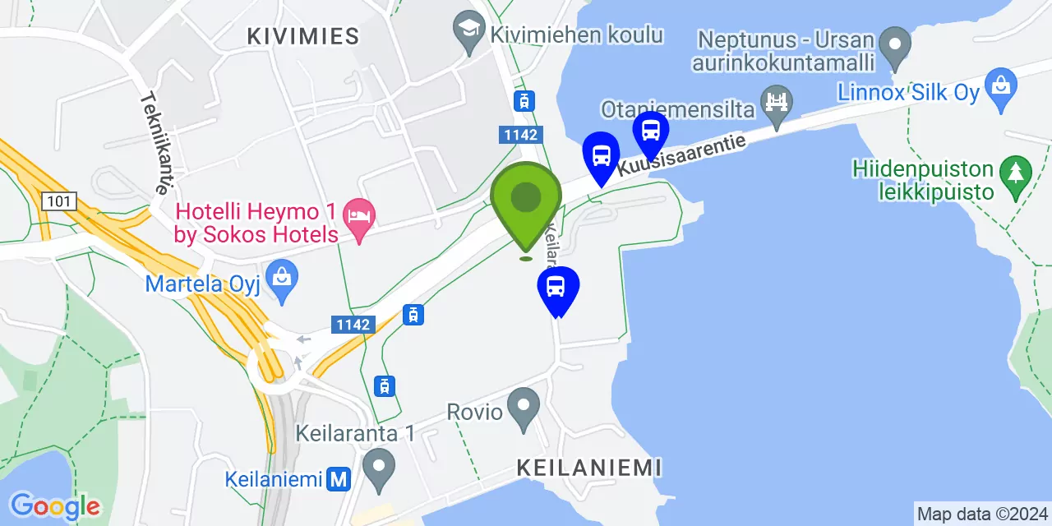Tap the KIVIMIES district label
pos(303,36)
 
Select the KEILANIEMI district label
pos(589,468)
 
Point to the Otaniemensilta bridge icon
pos(776,102)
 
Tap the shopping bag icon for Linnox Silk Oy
pos(1000,90)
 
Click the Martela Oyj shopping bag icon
pos(282,282)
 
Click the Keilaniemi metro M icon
pos(336,479)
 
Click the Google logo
pos(54,506)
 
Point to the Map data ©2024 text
pos(982,514)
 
